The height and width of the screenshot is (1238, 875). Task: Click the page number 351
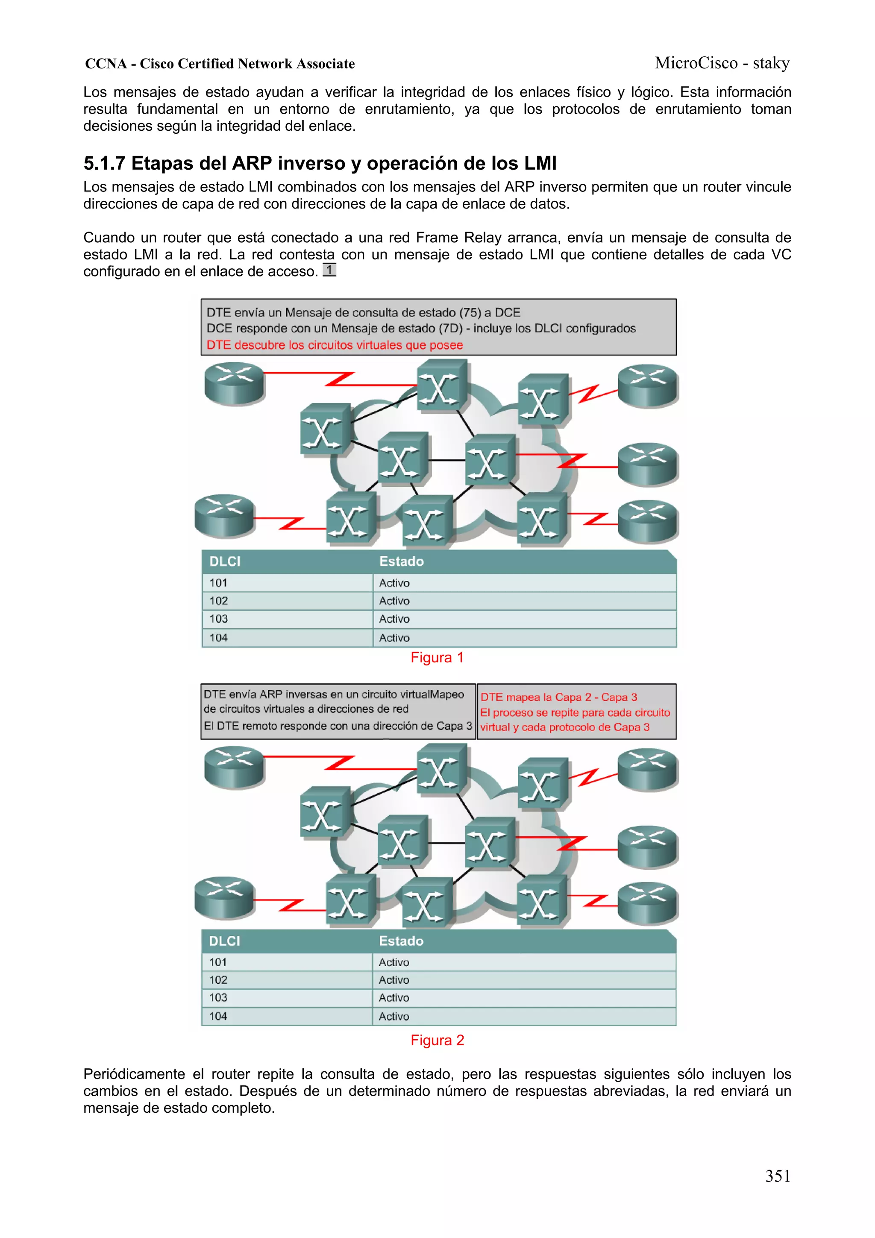(778, 1176)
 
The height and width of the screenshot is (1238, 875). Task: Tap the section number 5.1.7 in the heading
(105, 163)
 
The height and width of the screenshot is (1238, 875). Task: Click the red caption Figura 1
(437, 657)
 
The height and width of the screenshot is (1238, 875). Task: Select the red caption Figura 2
(437, 1040)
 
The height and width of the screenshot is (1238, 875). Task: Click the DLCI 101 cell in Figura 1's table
(218, 583)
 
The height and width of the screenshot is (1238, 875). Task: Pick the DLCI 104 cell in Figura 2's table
(218, 1016)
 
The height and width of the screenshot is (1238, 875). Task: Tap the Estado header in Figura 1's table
(401, 561)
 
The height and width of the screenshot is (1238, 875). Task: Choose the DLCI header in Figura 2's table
(224, 941)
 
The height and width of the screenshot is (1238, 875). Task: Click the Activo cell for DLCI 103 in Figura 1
(394, 619)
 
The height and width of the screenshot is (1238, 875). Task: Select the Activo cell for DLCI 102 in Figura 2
(393, 980)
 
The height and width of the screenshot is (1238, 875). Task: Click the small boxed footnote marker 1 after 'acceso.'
(329, 270)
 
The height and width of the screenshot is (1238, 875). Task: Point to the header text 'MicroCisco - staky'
(722, 63)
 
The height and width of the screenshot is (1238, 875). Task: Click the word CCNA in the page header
(106, 64)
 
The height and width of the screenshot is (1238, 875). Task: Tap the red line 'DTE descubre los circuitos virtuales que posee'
(334, 345)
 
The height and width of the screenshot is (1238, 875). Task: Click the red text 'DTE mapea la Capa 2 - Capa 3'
(558, 697)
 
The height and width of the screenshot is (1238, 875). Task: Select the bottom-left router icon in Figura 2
(224, 897)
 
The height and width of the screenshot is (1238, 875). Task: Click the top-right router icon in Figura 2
(647, 770)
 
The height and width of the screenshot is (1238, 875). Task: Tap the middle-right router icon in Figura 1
(647, 464)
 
